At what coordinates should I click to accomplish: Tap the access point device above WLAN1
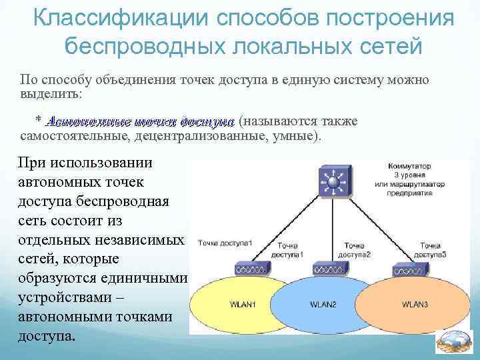point(251,269)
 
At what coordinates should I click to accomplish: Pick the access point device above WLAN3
point(409,269)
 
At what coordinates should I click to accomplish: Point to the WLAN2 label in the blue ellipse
point(323,305)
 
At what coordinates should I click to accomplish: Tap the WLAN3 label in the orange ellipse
point(415,305)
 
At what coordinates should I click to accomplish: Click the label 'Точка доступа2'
point(355,250)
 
